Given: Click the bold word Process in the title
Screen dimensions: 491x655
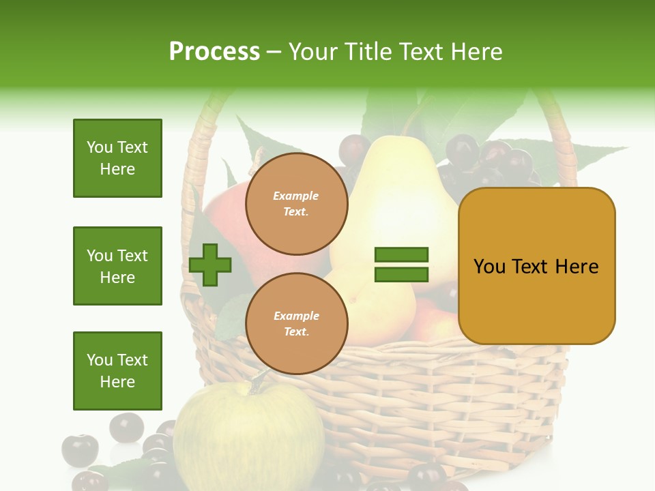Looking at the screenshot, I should (x=214, y=52).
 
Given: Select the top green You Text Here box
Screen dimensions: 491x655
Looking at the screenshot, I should (x=117, y=158).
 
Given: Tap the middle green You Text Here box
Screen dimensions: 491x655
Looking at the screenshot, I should (x=117, y=266).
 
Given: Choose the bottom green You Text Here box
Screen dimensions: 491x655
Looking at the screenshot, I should (x=117, y=371).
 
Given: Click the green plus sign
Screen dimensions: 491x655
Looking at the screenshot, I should (x=210, y=265).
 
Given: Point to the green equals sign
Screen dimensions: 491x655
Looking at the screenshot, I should (x=401, y=265).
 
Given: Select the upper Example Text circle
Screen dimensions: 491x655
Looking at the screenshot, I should (x=296, y=204).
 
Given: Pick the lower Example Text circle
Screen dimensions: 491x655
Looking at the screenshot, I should (x=296, y=324).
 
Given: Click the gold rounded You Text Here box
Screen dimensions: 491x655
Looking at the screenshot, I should (x=536, y=266).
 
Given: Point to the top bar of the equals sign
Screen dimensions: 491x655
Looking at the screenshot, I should (x=401, y=255).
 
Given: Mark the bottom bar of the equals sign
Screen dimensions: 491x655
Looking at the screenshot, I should (x=401, y=274).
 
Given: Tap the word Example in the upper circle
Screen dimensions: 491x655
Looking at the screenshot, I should (x=296, y=196).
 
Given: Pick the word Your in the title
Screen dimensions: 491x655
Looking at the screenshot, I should (x=314, y=52).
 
